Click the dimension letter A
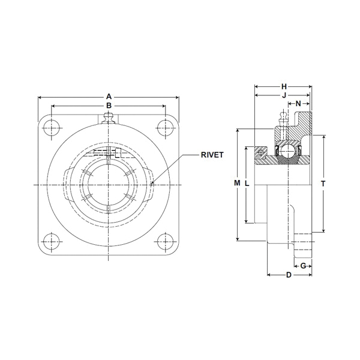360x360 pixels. pyautogui.click(x=109, y=97)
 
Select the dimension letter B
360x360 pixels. pyautogui.click(x=109, y=106)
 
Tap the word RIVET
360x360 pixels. pyautogui.click(x=212, y=155)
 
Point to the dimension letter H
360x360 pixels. pyautogui.click(x=284, y=87)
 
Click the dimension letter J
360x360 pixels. pyautogui.click(x=284, y=95)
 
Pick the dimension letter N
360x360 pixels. pyautogui.click(x=298, y=104)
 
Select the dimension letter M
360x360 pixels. pyautogui.click(x=237, y=183)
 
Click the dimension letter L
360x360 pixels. pyautogui.click(x=247, y=183)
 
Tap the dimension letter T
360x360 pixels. pyautogui.click(x=323, y=184)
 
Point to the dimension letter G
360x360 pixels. pyautogui.click(x=303, y=266)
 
